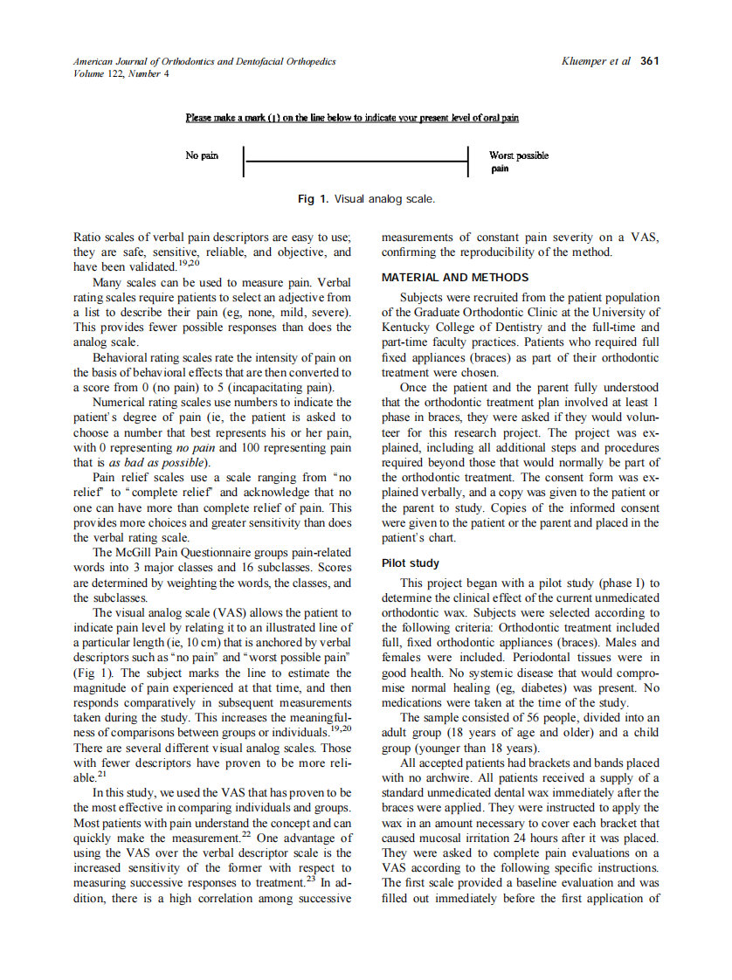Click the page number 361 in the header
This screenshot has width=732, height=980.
click(649, 61)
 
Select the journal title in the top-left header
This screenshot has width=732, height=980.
click(204, 61)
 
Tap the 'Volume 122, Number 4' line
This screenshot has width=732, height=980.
click(121, 73)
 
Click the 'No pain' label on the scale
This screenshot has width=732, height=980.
click(202, 155)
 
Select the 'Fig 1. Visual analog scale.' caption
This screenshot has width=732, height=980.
click(366, 199)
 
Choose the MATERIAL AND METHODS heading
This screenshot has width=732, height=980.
click(455, 278)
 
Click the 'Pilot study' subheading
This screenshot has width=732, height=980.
click(411, 563)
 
